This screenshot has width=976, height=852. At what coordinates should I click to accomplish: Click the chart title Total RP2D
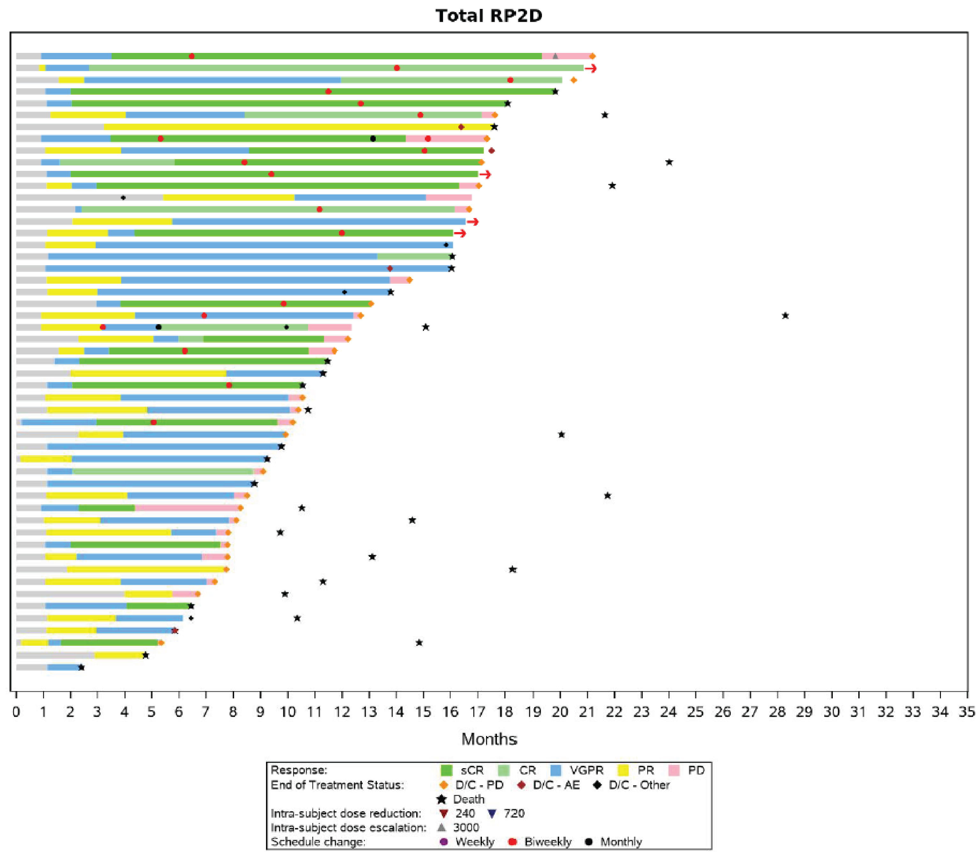488,16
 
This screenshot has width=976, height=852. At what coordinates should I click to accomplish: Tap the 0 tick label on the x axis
16,712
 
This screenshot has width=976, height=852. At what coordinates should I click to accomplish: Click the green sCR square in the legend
446,770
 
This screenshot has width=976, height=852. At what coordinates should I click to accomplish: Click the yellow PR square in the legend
623,770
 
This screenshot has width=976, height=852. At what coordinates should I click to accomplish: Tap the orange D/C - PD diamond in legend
444,785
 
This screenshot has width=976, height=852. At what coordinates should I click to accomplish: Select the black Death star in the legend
442,799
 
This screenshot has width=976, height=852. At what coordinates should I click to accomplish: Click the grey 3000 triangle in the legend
442,827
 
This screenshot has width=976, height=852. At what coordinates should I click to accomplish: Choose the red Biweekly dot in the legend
512,841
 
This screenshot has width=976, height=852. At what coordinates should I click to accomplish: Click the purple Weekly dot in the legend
444,841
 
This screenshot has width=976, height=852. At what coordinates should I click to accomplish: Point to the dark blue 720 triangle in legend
492,813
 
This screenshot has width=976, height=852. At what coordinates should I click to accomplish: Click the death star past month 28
785,316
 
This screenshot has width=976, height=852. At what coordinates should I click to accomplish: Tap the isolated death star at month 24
669,162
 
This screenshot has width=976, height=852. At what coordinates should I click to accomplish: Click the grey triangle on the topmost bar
555,56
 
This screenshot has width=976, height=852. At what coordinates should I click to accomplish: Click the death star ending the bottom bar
81,667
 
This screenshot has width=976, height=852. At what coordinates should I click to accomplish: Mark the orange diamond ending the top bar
593,56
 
